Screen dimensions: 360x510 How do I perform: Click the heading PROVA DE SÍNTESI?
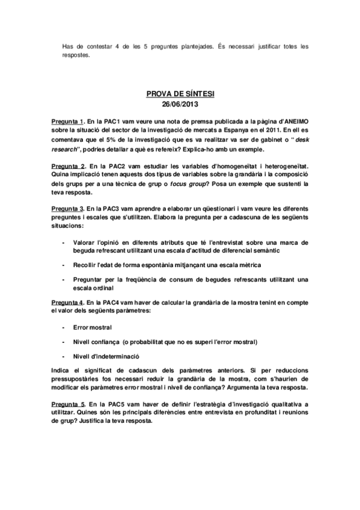pyautogui.click(x=180, y=94)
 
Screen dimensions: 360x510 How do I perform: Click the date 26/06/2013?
pyautogui.click(x=180, y=105)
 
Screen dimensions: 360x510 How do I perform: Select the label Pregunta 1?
pyautogui.click(x=69, y=121)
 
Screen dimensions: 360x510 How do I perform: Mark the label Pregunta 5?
pyautogui.click(x=69, y=401)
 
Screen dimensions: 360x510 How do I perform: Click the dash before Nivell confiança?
pyautogui.click(x=64, y=342)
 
